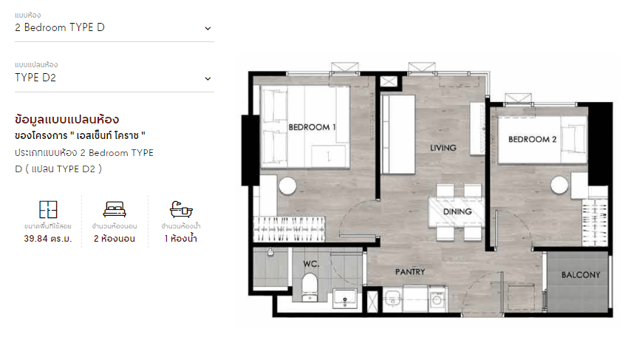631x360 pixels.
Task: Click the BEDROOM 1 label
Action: [312, 127]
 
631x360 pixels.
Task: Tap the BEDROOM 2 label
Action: [532, 139]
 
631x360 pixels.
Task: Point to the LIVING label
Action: [443, 148]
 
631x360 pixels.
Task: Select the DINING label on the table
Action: [457, 211]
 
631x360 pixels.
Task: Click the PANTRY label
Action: [410, 272]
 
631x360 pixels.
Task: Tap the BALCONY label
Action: [581, 275]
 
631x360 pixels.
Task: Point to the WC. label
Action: [311, 264]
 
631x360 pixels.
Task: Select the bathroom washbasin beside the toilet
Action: [345, 299]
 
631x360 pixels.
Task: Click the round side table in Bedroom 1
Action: [287, 186]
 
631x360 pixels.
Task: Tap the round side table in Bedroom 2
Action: [559, 185]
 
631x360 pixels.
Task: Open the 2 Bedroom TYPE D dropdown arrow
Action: [208, 29]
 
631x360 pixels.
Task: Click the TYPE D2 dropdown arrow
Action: [208, 79]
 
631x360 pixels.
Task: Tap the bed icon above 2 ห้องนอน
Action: [115, 209]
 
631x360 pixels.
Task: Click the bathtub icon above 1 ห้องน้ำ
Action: [181, 209]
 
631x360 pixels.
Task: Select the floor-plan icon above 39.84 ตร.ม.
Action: [48, 209]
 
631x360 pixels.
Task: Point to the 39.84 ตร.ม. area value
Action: [48, 239]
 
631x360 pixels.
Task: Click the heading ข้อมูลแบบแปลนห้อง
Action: [66, 120]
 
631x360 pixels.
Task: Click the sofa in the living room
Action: [398, 135]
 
